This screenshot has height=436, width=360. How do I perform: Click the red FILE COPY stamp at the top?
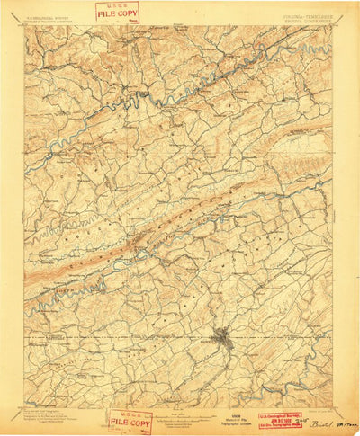click(117, 12)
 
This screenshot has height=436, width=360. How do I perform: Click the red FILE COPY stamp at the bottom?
click(130, 421)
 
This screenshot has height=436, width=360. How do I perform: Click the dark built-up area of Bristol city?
click(223, 339)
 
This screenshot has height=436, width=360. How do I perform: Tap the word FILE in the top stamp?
click(107, 13)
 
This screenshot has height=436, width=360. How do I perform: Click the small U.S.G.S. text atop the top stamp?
click(117, 5)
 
